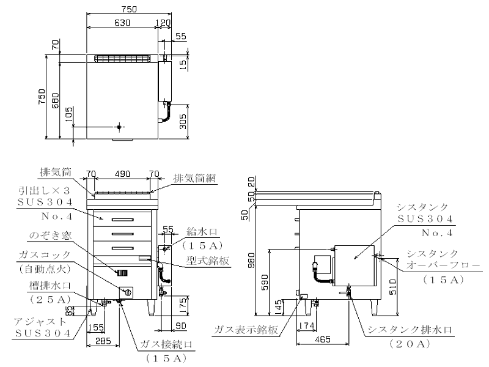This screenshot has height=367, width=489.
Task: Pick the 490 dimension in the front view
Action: pos(122,174)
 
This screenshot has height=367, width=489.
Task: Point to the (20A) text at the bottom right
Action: pos(410,344)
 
